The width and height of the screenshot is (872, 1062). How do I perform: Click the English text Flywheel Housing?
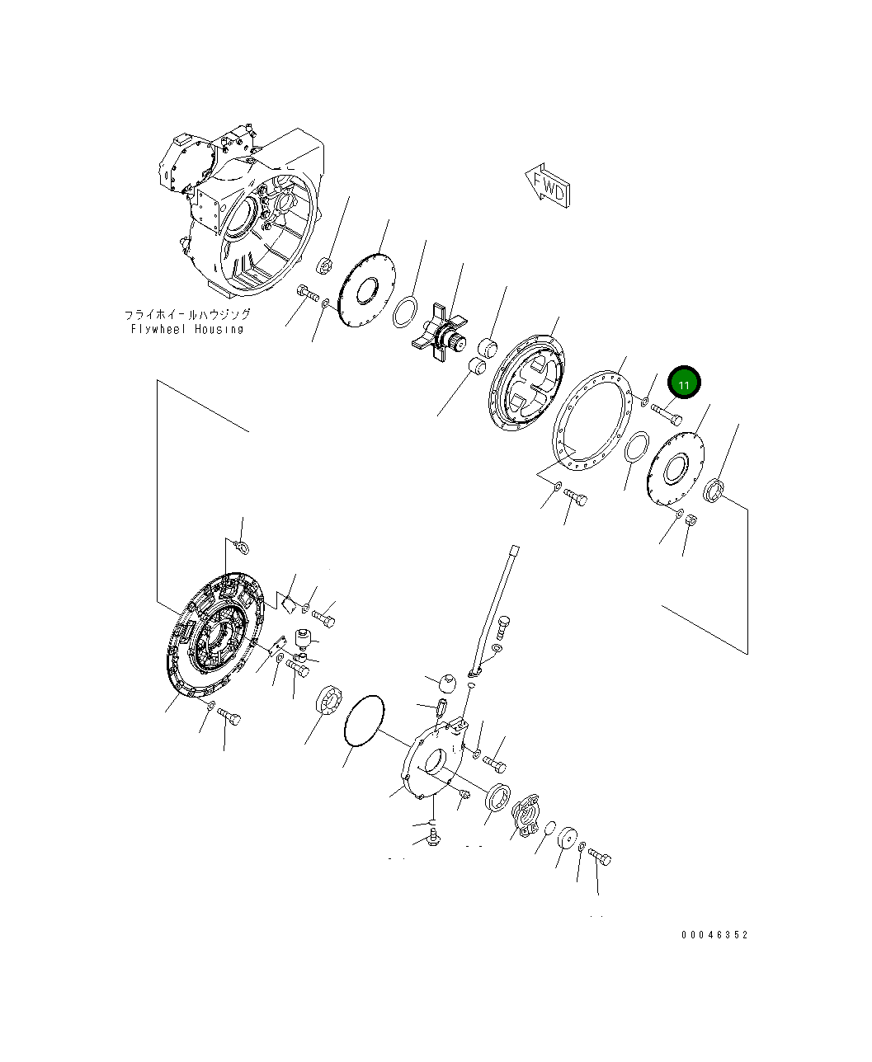tap(187, 329)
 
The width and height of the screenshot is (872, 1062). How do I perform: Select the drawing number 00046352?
tap(714, 934)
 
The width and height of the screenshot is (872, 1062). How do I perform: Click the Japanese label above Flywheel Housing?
tap(187, 315)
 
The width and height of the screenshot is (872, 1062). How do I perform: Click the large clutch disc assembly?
tap(214, 635)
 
